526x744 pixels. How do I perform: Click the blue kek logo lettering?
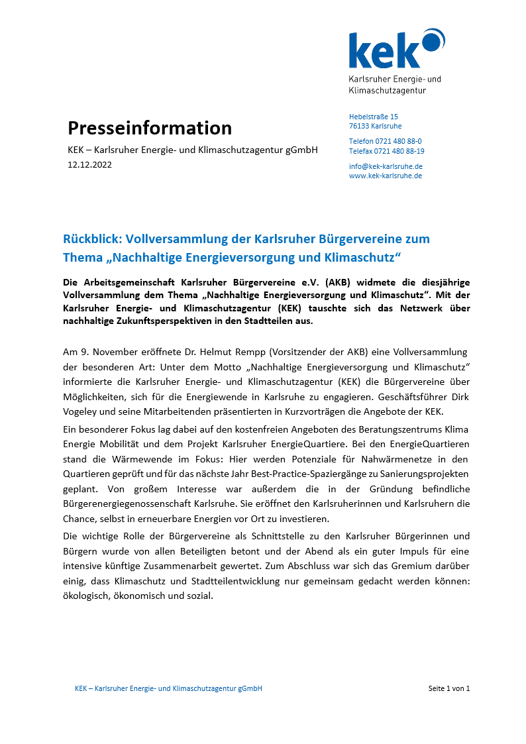384,51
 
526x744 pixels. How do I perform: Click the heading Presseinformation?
150,128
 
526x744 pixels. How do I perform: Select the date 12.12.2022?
89,165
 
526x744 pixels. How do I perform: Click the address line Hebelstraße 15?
374,117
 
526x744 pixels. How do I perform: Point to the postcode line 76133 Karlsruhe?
375,126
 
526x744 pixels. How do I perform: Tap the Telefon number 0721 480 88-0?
398,141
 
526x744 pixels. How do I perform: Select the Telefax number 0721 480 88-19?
399,151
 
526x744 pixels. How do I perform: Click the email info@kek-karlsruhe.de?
386,166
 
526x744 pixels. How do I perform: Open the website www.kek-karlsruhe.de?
386,176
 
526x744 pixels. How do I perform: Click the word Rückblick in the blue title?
91,239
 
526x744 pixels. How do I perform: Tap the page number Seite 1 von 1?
449,688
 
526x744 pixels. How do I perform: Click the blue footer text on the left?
168,688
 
